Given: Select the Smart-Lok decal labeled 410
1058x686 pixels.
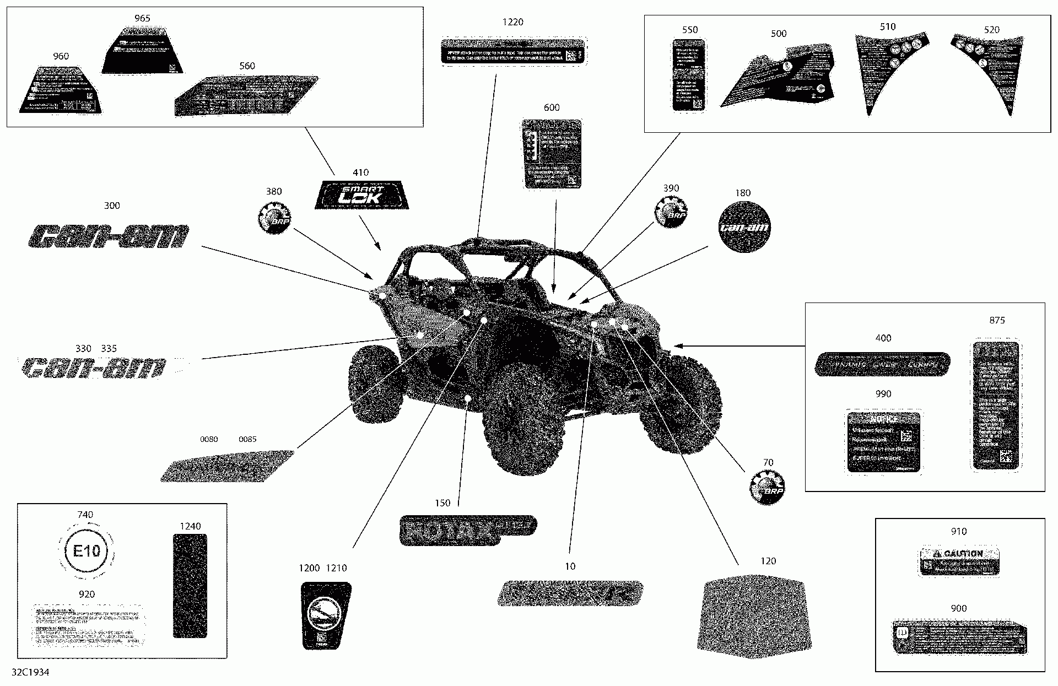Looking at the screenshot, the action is (362, 195).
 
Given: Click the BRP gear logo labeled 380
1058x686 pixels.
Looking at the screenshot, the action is (273, 218).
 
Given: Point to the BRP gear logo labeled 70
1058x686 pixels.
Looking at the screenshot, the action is (766, 488).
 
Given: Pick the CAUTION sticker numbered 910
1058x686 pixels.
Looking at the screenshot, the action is (959, 561).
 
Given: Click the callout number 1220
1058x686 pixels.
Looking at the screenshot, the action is (512, 22).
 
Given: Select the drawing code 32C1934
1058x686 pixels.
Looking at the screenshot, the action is (30, 673).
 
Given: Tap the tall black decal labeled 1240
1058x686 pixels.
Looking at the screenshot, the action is (190, 586).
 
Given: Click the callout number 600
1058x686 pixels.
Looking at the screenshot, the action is (552, 108).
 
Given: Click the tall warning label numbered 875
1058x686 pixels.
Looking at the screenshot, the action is (996, 406).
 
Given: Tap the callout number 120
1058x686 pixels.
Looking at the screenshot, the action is (768, 561).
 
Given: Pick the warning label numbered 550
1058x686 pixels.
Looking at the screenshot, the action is (689, 75).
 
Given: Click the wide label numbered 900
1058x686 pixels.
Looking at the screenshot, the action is (959, 638).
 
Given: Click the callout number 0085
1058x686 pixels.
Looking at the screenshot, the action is (247, 439).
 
